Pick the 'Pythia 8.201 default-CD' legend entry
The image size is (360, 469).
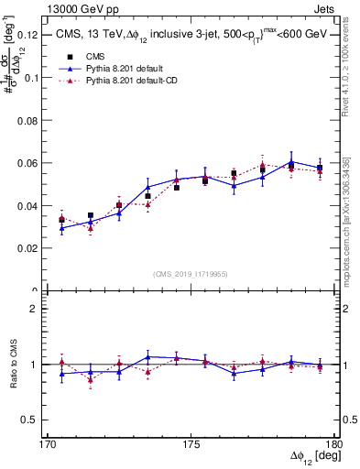click(138, 82)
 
